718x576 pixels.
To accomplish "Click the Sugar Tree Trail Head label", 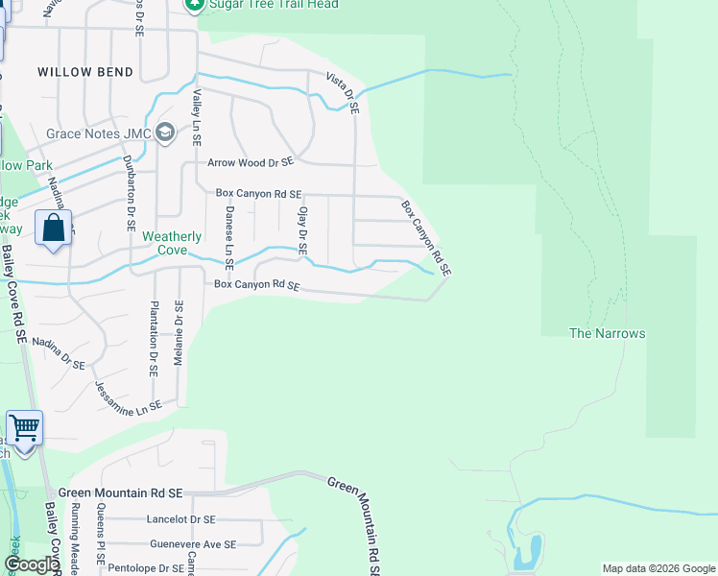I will [x=274, y=5].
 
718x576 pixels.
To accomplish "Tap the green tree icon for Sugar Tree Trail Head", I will [x=195, y=5].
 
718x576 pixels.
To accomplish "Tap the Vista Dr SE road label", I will [x=342, y=93].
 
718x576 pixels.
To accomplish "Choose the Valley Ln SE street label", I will [x=196, y=117].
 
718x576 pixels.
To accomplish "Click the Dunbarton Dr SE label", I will [x=128, y=193].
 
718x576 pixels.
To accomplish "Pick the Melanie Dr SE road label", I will [x=179, y=332].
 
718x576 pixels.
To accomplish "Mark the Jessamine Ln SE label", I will [x=128, y=396].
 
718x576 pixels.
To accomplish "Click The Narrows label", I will [x=607, y=333].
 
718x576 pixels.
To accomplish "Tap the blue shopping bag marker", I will [x=54, y=229].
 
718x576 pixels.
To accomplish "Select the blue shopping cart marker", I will [x=24, y=427].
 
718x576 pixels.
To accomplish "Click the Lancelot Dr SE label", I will [x=180, y=519].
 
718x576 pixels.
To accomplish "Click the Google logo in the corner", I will [x=31, y=564].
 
